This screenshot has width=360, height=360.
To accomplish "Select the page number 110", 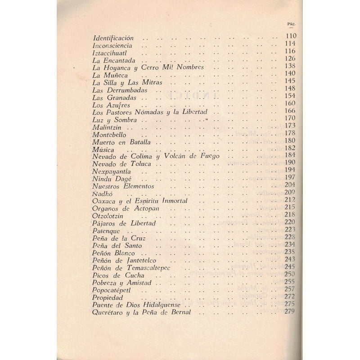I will tap(291, 36).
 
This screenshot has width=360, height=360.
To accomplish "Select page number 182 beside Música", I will tap(290, 148).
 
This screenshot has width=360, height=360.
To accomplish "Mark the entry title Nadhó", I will tap(101, 193).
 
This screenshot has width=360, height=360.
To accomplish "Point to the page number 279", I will tap(290, 311).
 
